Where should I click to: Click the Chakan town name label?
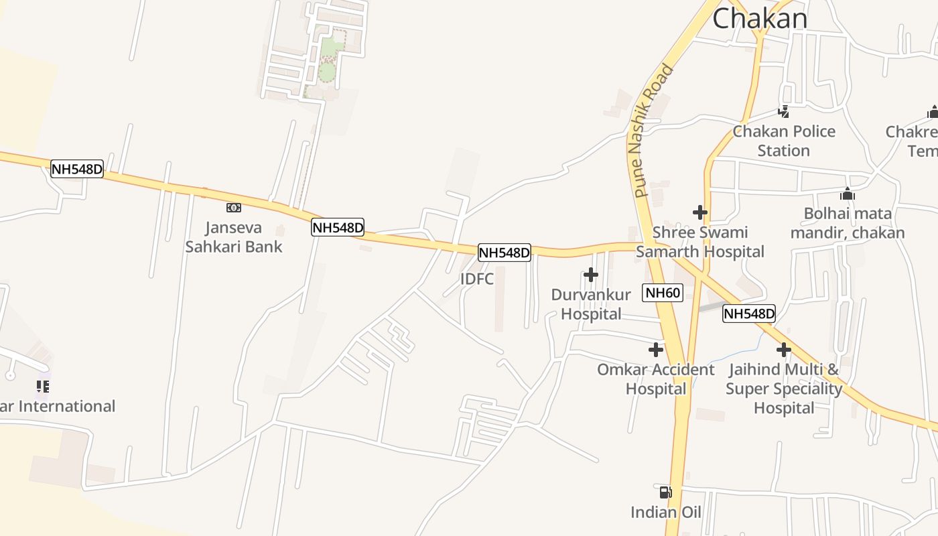(x=760, y=18)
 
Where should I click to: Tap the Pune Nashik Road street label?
(x=651, y=131)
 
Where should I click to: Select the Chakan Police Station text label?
(x=784, y=141)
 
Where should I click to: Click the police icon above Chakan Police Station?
(x=783, y=112)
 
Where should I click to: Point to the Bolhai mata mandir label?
(x=848, y=223)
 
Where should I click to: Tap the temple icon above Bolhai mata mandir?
(x=848, y=194)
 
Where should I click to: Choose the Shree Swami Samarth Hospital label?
(x=700, y=242)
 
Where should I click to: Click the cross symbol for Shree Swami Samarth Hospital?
(x=700, y=213)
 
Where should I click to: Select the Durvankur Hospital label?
(x=591, y=304)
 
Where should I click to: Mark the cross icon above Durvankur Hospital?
(x=591, y=275)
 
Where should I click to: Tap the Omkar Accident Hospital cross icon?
(x=656, y=350)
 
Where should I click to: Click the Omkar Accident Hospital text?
(x=656, y=379)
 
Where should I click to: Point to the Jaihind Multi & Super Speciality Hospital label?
(x=783, y=389)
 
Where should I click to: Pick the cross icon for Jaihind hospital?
(x=784, y=350)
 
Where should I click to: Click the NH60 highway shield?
(x=663, y=293)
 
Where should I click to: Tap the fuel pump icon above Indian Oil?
(x=665, y=492)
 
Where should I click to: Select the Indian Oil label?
(x=665, y=513)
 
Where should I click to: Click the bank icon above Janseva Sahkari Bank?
(x=234, y=208)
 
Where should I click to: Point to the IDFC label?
(x=477, y=279)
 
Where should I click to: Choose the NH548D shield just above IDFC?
(x=504, y=253)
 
